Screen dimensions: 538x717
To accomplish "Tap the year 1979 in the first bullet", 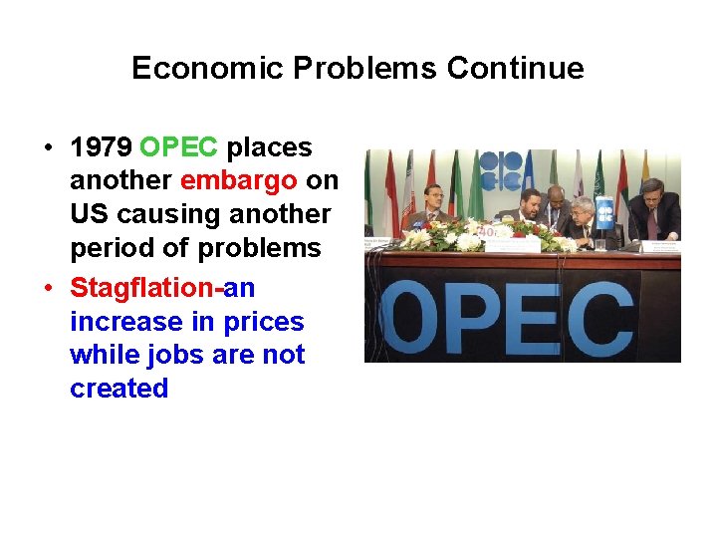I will [x=102, y=148].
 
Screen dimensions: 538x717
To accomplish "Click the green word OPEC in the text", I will [x=179, y=148].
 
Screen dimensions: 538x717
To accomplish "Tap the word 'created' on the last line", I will [x=119, y=389].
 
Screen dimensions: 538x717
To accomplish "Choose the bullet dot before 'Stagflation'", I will [x=47, y=289].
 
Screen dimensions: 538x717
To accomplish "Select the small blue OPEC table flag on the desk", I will [x=603, y=213].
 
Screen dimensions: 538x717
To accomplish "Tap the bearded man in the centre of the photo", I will [x=529, y=208].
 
